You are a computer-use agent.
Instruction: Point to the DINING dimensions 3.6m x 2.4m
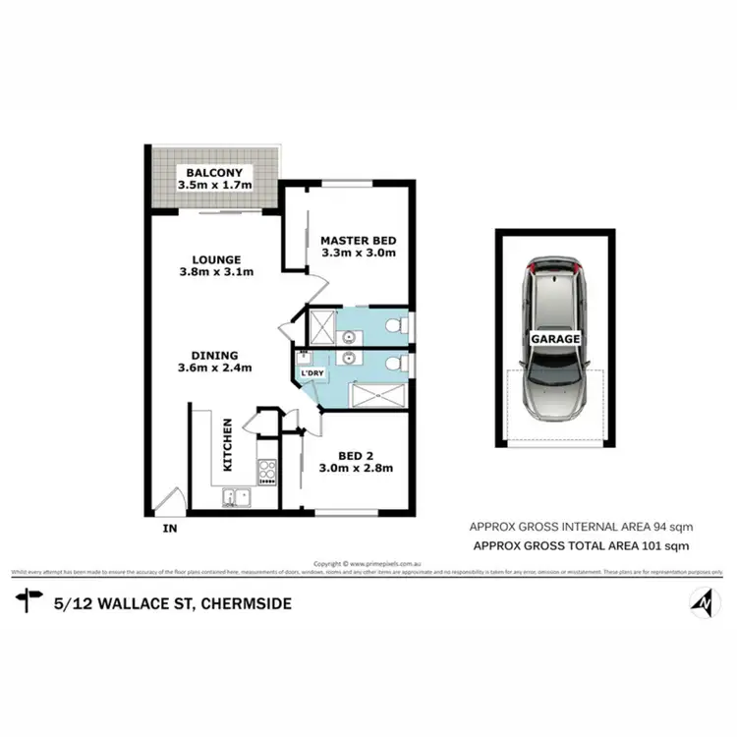(x=215, y=368)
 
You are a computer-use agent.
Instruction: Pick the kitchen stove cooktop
(x=266, y=471)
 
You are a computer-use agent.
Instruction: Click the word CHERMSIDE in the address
(x=245, y=603)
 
